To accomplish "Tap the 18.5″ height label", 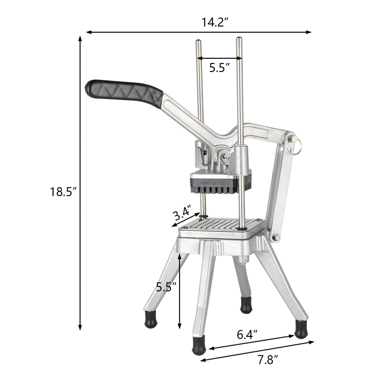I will tap(63, 192).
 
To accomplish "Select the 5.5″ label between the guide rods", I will tap(219, 67).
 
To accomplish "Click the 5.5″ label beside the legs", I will tap(166, 287).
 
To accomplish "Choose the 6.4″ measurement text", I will tap(247, 334).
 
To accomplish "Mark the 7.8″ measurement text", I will tap(265, 360).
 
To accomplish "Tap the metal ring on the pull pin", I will tap(296, 147).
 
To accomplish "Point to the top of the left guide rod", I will tap(199, 42).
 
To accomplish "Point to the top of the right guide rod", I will tap(239, 39).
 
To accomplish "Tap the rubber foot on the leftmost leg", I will tap(152, 320).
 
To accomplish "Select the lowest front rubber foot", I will tap(199, 346).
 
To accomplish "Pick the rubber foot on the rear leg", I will tap(246, 305).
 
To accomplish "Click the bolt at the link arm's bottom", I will tap(274, 236).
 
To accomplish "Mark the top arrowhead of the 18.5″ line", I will tap(80, 38).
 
